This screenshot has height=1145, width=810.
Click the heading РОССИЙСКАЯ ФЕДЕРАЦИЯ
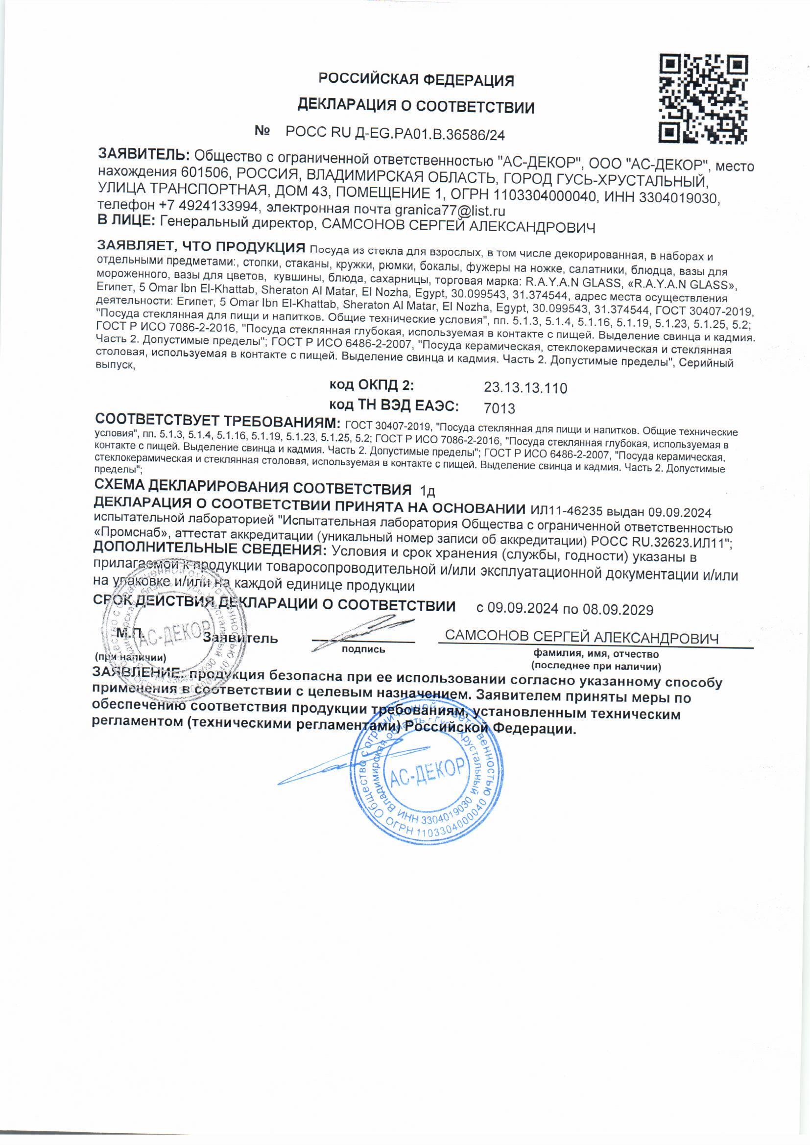click(x=416, y=80)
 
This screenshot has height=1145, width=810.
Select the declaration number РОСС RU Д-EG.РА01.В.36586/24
click(x=395, y=134)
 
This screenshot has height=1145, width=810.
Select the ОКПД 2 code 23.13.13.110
click(x=525, y=387)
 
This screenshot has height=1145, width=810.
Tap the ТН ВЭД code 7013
click(x=499, y=408)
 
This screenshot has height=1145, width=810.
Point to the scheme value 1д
click(x=428, y=491)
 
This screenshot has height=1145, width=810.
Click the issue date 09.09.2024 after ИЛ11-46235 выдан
click(x=679, y=512)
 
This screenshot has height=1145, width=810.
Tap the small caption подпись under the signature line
click(x=363, y=649)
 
